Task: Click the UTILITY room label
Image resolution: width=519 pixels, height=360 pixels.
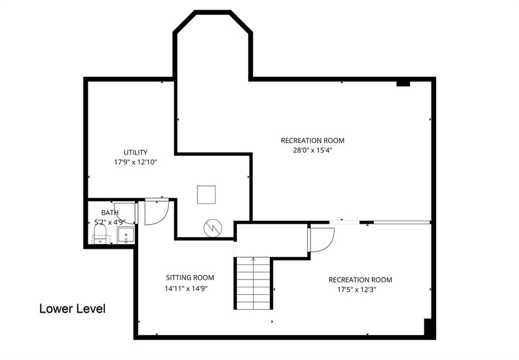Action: pos(135,152)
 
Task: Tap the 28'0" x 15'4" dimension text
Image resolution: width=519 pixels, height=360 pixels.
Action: pos(312,150)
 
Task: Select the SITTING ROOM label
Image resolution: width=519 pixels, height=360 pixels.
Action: pos(190,277)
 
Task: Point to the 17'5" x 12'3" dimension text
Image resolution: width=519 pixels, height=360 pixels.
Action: pos(357,290)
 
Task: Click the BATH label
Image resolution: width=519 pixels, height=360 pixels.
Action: pos(110,212)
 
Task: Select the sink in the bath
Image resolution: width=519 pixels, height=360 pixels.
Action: pos(126,235)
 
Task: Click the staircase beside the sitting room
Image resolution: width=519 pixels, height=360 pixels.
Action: pos(253,283)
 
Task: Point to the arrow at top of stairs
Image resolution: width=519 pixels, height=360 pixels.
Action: pos(253,260)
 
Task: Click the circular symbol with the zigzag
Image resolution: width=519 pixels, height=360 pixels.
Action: pos(213,228)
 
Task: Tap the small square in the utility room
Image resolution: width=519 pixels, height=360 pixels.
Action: pos(207,195)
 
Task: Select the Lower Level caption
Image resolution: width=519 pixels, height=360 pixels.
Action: pos(72,309)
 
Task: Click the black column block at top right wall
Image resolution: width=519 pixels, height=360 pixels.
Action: pos(403,83)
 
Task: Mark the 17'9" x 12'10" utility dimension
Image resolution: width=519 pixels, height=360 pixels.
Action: pos(135,162)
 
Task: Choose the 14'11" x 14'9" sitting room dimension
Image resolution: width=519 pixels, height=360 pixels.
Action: pos(186,288)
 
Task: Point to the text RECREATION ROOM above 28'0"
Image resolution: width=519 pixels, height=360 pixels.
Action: pos(312,140)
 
